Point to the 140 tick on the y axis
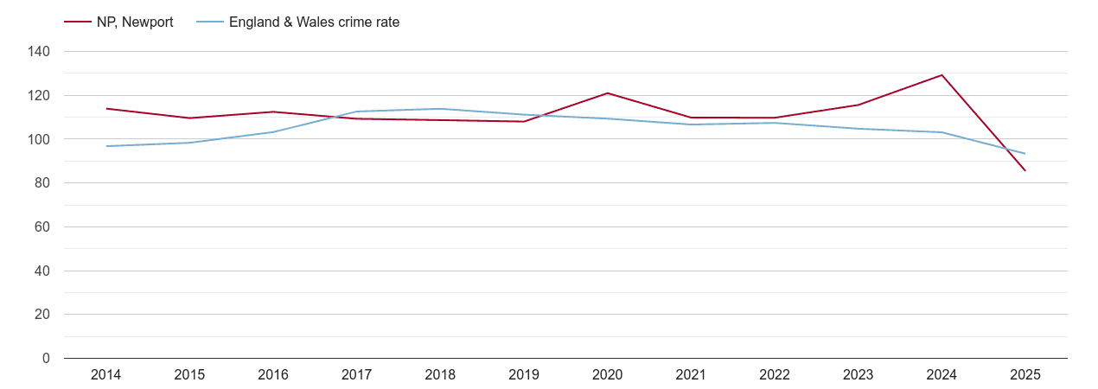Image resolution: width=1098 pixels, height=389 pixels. point(40,52)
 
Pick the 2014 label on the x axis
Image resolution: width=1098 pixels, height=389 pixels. point(106,375)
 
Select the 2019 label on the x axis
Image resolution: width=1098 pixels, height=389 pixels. point(524,375)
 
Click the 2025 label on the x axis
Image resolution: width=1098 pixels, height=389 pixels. point(1025,375)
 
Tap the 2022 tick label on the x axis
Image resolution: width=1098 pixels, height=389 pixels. point(775,375)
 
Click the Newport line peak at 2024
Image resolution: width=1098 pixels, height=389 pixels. point(942,75)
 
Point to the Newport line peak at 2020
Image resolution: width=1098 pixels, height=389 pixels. point(608,93)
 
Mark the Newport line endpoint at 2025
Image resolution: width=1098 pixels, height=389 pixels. point(1025,170)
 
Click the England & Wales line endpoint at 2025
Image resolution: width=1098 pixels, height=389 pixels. point(1025,154)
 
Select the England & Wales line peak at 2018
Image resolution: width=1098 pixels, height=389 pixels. point(440,109)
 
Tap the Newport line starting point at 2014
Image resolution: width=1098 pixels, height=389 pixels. point(106,109)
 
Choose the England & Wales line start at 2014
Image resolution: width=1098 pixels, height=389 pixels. point(106,146)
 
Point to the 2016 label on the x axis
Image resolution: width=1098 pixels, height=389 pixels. point(273,375)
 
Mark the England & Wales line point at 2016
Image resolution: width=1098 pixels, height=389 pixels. point(273,132)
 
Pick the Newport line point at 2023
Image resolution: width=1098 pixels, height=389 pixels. point(859,105)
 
